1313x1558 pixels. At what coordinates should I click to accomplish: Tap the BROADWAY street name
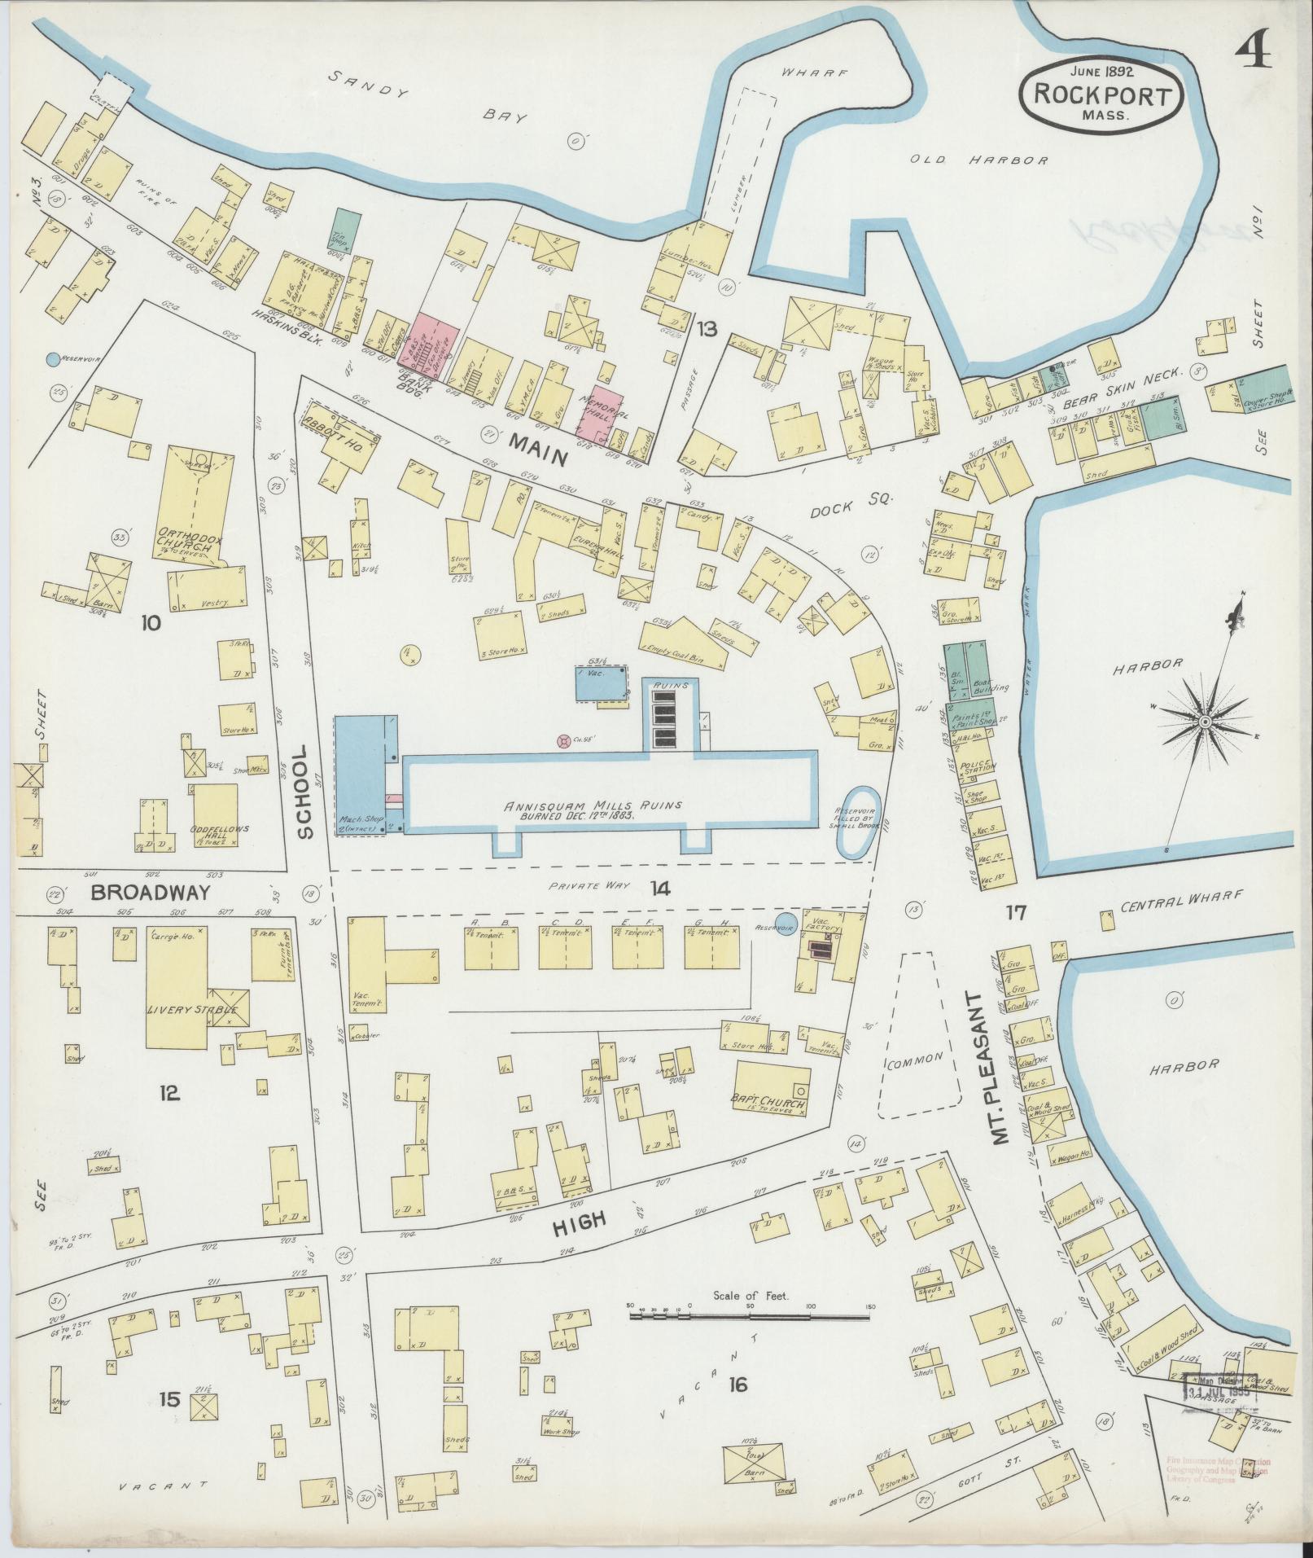151,893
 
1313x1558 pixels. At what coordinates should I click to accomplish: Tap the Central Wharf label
1181,896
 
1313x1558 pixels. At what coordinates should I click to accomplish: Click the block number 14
659,889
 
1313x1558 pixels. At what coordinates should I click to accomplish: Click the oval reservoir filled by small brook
858,822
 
